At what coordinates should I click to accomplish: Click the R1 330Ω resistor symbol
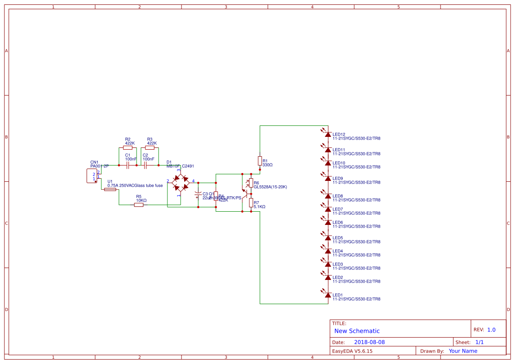260,161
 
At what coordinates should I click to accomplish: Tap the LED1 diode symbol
328,295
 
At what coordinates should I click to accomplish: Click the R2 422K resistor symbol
128,148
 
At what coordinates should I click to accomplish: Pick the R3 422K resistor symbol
150,148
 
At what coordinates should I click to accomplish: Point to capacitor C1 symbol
128,165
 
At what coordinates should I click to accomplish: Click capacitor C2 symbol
145,165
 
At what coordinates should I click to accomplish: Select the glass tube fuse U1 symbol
110,190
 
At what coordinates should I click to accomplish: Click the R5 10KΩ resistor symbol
139,205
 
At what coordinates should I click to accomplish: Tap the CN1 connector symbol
92,176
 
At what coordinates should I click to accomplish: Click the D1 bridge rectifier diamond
178,182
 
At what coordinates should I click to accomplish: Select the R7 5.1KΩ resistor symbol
251,202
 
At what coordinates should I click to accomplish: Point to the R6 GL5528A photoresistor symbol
251,183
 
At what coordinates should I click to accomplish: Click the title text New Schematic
357,331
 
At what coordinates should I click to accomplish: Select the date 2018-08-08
369,342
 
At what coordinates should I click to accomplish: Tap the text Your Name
463,351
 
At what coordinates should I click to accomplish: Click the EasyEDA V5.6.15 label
352,351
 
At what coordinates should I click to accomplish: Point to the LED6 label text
338,222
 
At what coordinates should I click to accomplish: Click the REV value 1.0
491,330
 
